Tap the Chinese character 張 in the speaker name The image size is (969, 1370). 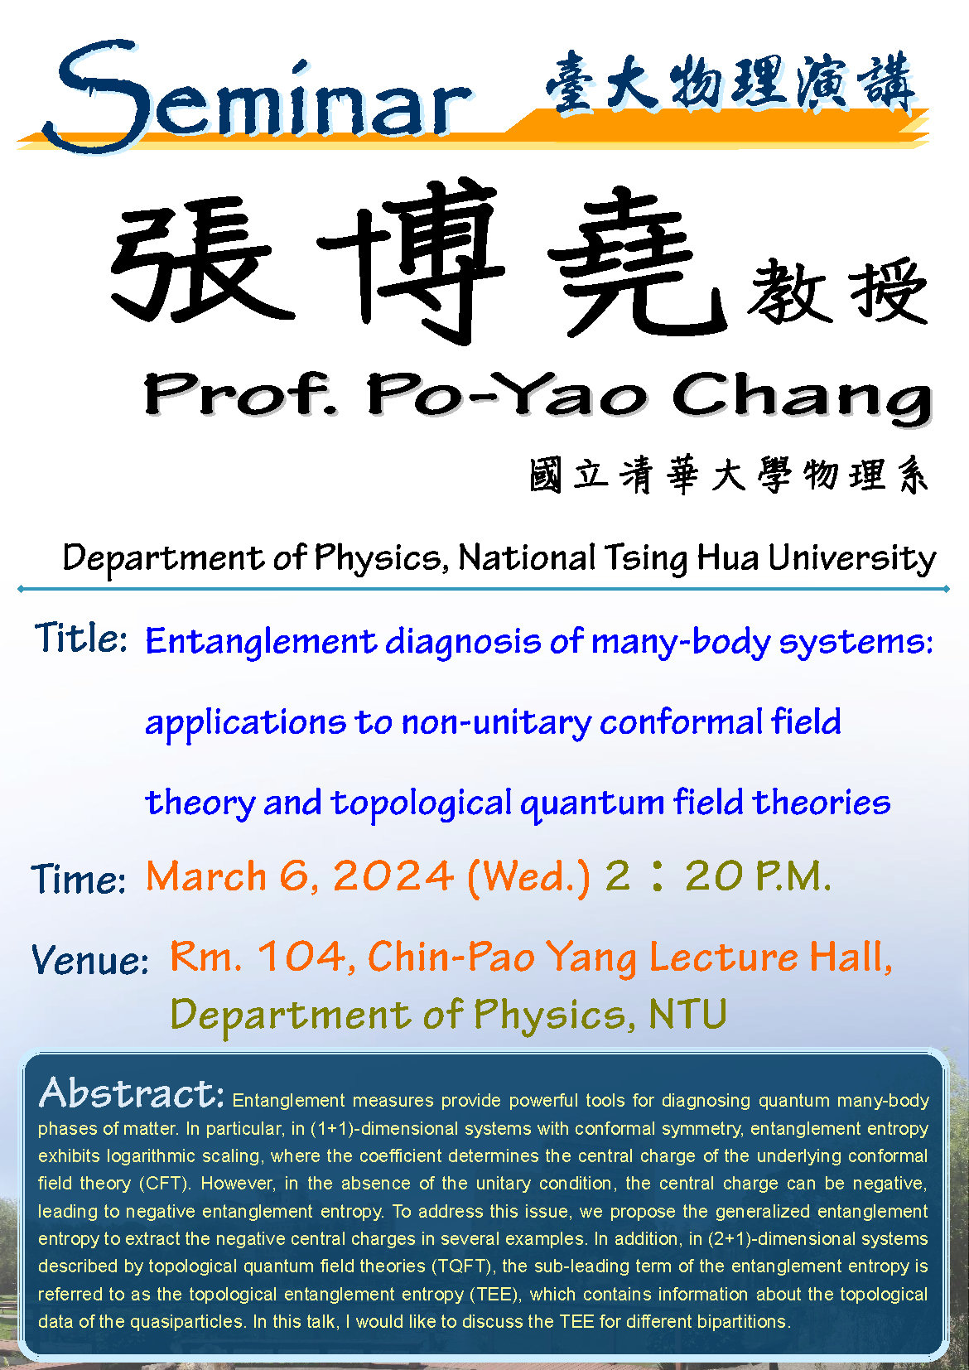tap(202, 260)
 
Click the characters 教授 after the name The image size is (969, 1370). tap(837, 291)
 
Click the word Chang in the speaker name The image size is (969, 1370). tap(802, 398)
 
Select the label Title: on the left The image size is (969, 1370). tap(80, 637)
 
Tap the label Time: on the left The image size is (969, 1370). tap(78, 878)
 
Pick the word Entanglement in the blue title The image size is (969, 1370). tap(261, 642)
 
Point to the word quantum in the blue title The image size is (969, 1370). tap(592, 803)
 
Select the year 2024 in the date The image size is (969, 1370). tap(393, 876)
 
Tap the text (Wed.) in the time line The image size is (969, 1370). tap(529, 878)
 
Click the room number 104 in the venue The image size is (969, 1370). tap(301, 956)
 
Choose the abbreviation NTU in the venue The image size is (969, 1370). tap(687, 1014)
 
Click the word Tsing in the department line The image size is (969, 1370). tap(646, 559)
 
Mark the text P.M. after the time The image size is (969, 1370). tap(793, 876)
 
